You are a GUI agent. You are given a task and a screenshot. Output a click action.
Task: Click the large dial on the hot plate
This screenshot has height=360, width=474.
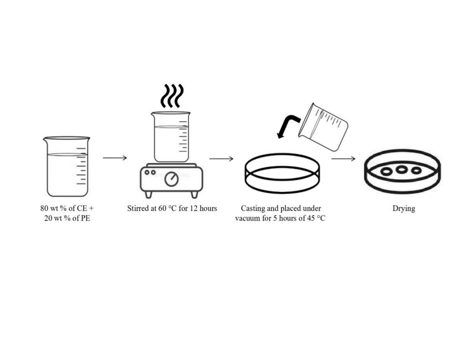(171, 179)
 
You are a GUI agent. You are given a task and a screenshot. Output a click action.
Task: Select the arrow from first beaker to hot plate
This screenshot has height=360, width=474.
(115, 157)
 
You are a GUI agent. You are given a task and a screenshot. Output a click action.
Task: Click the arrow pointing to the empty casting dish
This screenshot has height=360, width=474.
(221, 158)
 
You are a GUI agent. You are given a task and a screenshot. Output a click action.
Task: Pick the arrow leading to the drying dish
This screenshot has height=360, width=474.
(343, 158)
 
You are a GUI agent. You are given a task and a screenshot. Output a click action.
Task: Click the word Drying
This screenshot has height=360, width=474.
(404, 208)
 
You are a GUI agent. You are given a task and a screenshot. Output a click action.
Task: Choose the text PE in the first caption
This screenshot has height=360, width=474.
(85, 218)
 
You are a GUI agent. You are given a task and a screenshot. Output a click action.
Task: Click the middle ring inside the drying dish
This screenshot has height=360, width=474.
(402, 170)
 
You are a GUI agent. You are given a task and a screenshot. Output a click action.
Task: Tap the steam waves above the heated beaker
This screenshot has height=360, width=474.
(172, 96)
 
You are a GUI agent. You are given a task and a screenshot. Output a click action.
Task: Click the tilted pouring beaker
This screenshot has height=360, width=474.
(323, 127)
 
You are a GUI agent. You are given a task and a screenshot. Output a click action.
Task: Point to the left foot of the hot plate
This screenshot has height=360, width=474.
(148, 194)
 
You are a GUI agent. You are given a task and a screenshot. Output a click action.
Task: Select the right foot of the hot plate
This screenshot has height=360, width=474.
(195, 194)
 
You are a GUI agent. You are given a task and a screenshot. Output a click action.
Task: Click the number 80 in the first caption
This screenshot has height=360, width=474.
(44, 208)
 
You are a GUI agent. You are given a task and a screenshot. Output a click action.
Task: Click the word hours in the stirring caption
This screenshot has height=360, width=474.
(208, 208)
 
